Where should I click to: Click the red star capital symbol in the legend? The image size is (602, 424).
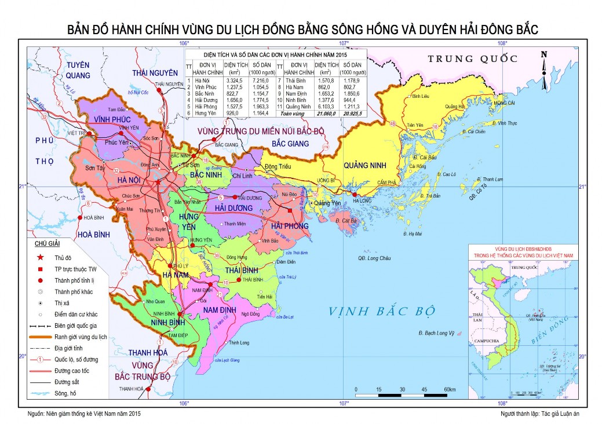tap(40, 257)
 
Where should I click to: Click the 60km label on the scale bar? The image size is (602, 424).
tap(450, 389)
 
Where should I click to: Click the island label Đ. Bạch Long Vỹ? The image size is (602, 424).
tap(436, 334)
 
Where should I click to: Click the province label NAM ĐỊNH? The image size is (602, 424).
tap(217, 310)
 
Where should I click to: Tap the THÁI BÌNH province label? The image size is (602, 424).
tap(240, 270)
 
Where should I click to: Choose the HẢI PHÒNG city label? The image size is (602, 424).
tap(290, 225)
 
